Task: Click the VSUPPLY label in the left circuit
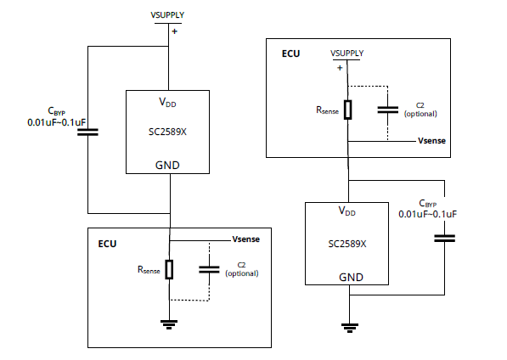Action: pyautogui.click(x=167, y=15)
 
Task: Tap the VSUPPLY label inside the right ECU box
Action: pyautogui.click(x=347, y=53)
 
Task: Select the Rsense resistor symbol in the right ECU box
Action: pyautogui.click(x=348, y=110)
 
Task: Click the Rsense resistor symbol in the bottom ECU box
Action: pyautogui.click(x=169, y=269)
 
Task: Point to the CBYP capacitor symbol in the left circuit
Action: pyautogui.click(x=87, y=132)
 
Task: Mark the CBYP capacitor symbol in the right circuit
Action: pyautogui.click(x=445, y=239)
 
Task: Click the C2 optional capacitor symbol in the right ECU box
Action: pyautogui.click(x=388, y=110)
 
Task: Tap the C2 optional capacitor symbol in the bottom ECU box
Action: pyautogui.click(x=209, y=269)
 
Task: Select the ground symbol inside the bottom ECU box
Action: pyautogui.click(x=169, y=324)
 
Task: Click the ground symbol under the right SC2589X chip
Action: pyautogui.click(x=350, y=328)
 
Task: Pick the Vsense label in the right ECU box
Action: pyautogui.click(x=431, y=141)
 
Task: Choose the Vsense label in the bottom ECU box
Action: pyautogui.click(x=246, y=239)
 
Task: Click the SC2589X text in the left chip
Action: pyautogui.click(x=167, y=132)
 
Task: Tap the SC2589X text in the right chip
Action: pyautogui.click(x=347, y=244)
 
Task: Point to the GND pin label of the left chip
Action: pyautogui.click(x=167, y=165)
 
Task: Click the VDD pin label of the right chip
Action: pyautogui.click(x=347, y=211)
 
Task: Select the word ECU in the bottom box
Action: pyautogui.click(x=107, y=244)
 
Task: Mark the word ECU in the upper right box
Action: pyautogui.click(x=291, y=53)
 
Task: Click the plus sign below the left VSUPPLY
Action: pyautogui.click(x=175, y=31)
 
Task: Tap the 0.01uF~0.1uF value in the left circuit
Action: pyautogui.click(x=57, y=122)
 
